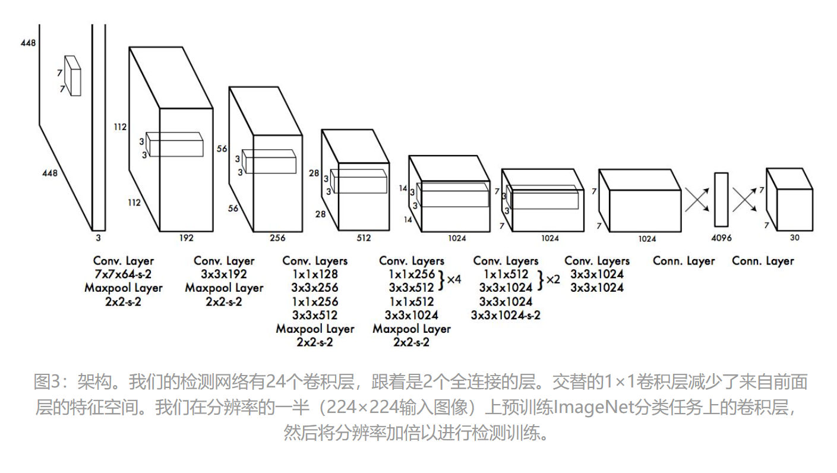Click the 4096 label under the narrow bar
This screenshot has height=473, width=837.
tap(722, 238)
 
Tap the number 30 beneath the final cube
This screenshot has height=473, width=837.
tap(795, 238)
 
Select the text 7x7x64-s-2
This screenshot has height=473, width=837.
tap(123, 275)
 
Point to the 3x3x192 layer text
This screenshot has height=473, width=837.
tap(224, 275)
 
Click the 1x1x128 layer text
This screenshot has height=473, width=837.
tap(314, 275)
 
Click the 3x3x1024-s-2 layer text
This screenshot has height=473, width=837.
tap(506, 315)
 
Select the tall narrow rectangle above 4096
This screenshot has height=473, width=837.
tap(721, 199)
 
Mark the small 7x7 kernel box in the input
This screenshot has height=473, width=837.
tap(72, 75)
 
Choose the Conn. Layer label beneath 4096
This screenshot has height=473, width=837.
tap(684, 261)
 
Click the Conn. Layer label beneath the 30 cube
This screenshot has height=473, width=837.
tap(763, 261)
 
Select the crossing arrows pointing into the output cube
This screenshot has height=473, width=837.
tap(745, 200)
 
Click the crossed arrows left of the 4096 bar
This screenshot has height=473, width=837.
tap(698, 200)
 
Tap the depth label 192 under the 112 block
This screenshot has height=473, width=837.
tap(186, 238)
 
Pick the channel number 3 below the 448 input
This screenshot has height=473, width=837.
tap(98, 238)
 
